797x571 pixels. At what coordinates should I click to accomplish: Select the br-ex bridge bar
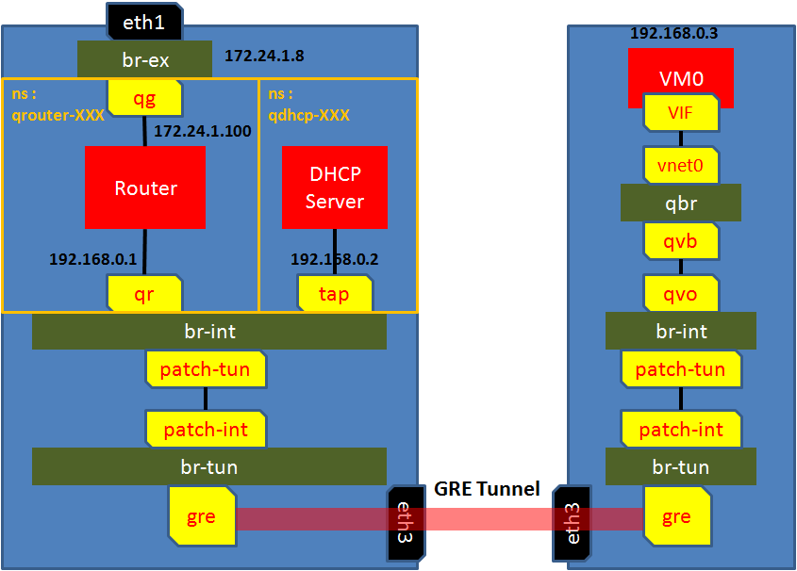144,58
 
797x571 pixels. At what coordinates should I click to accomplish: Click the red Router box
145,188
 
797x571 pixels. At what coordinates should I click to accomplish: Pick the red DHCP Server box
335,188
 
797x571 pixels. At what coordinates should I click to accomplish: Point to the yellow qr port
144,294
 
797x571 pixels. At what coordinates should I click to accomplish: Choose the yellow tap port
334,294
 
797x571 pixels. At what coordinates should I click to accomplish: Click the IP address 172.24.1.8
264,57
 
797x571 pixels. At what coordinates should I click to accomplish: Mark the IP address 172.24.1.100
203,131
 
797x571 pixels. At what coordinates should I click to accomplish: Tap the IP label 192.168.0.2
335,258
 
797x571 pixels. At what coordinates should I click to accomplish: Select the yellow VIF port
680,115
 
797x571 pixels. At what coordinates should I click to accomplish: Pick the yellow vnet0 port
680,166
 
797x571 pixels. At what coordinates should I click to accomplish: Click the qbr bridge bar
680,203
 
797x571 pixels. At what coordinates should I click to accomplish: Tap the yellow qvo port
680,294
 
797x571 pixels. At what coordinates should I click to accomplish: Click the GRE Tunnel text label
487,489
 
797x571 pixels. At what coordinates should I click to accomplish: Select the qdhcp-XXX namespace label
308,115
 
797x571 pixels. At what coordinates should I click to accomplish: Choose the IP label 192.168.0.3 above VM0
674,33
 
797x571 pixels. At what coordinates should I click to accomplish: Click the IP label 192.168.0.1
93,258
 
